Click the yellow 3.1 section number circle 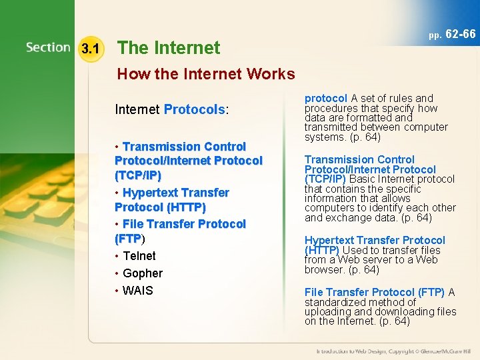(x=90, y=49)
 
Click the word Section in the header (x=48, y=48)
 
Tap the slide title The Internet (x=169, y=48)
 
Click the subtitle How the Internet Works (x=206, y=73)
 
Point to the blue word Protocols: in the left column (x=197, y=109)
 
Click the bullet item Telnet (x=139, y=256)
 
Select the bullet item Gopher (x=143, y=273)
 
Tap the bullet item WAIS (x=138, y=291)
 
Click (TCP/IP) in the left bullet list (x=138, y=175)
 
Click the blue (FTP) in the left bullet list (x=128, y=239)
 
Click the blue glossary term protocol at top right (x=326, y=98)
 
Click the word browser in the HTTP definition (x=323, y=269)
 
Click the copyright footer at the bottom (x=393, y=351)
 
